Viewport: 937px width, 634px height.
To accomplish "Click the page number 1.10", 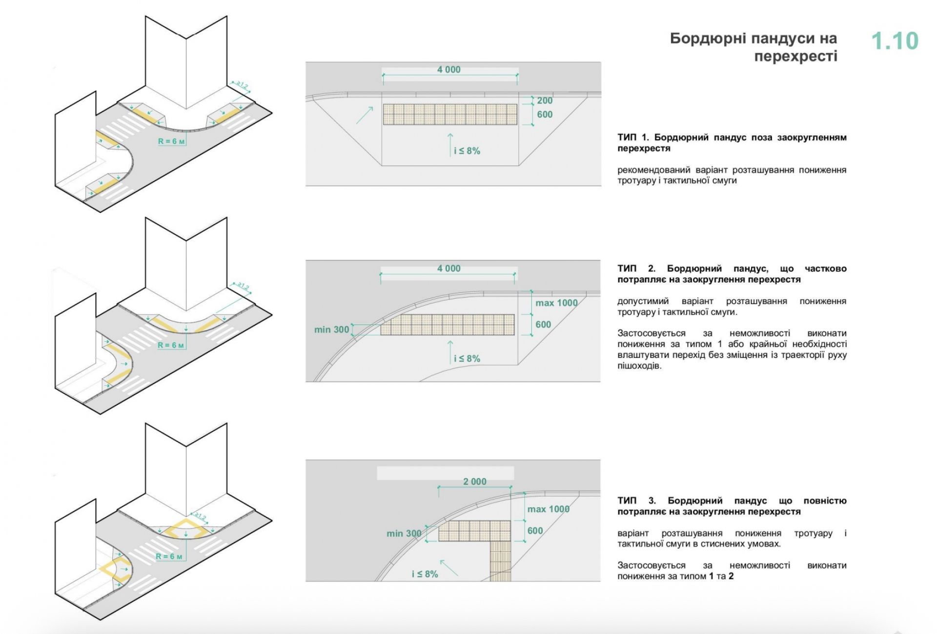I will coord(895,41).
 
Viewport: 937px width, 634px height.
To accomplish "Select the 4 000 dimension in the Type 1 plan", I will coord(448,70).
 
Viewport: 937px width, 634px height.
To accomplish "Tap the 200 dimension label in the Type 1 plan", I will coord(545,101).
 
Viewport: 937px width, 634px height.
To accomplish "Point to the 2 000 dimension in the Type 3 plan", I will coord(474,482).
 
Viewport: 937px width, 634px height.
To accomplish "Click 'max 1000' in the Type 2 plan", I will coord(556,303).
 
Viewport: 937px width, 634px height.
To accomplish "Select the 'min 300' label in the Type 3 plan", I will coord(404,533).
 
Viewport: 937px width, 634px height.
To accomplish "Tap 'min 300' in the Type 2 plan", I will coord(331,330).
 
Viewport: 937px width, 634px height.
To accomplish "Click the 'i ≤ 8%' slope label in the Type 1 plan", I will coord(467,151).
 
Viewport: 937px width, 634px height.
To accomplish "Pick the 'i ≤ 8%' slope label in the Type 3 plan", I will coord(425,574).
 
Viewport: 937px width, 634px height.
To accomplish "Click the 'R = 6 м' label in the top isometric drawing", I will coord(171,142).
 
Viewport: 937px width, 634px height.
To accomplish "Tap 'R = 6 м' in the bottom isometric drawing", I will coord(169,556).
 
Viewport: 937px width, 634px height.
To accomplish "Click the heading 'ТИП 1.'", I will coord(634,138).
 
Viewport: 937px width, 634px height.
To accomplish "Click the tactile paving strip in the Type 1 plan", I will coord(449,114).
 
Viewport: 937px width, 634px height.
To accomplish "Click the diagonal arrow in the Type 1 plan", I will coord(364,115).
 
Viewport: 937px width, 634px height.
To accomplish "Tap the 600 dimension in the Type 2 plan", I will coord(543,325).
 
